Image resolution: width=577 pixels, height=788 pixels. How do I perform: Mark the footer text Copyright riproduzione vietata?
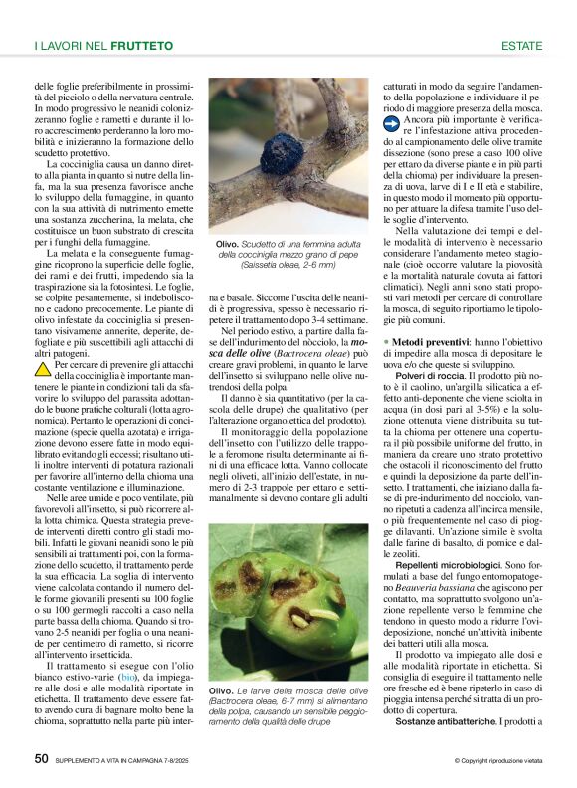pos(499,761)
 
